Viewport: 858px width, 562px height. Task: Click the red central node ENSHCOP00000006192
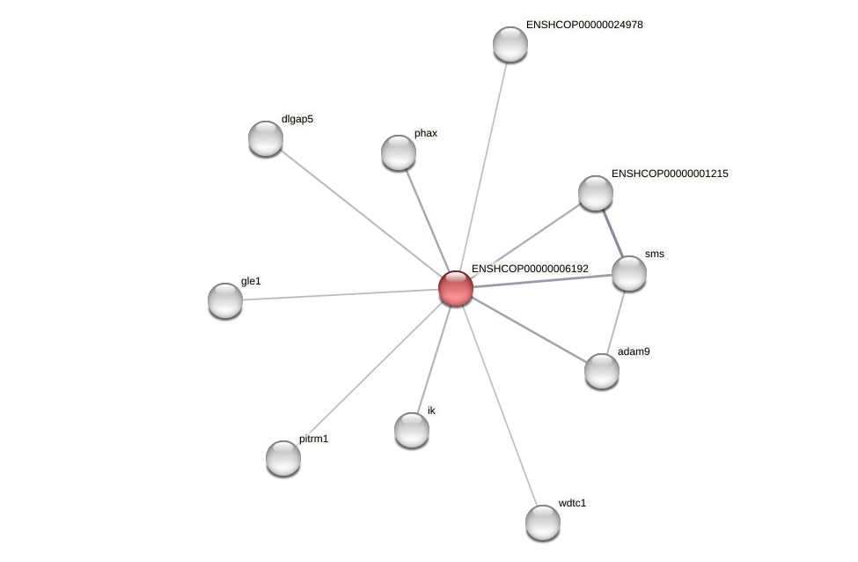[x=456, y=288]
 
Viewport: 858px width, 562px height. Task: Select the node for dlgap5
[x=266, y=138]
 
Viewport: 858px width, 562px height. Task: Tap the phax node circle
[x=399, y=152]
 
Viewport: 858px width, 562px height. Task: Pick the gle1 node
[x=225, y=300]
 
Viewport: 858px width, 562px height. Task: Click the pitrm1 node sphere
[x=283, y=457]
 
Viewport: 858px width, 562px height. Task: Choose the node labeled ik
[x=412, y=430]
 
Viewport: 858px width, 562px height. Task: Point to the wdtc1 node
[x=543, y=521]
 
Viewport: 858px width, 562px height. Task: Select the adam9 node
[x=602, y=371]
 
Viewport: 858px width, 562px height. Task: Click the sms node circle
[x=629, y=273]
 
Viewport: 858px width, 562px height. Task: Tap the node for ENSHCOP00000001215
[x=596, y=193]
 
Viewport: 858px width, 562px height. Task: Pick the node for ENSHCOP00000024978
[x=510, y=44]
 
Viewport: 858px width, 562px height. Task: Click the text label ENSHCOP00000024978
[x=584, y=25]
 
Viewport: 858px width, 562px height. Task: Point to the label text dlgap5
[x=297, y=119]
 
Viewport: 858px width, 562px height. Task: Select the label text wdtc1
[x=572, y=503]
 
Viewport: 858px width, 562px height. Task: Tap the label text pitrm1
[x=313, y=439]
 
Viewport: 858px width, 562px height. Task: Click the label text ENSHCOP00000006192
[x=530, y=269]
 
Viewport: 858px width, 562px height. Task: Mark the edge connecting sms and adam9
[x=616, y=322]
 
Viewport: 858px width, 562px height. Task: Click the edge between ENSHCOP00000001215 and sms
[x=612, y=233]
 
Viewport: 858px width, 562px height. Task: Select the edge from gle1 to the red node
[x=341, y=294]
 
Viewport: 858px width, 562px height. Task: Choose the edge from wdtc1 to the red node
[x=499, y=404]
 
